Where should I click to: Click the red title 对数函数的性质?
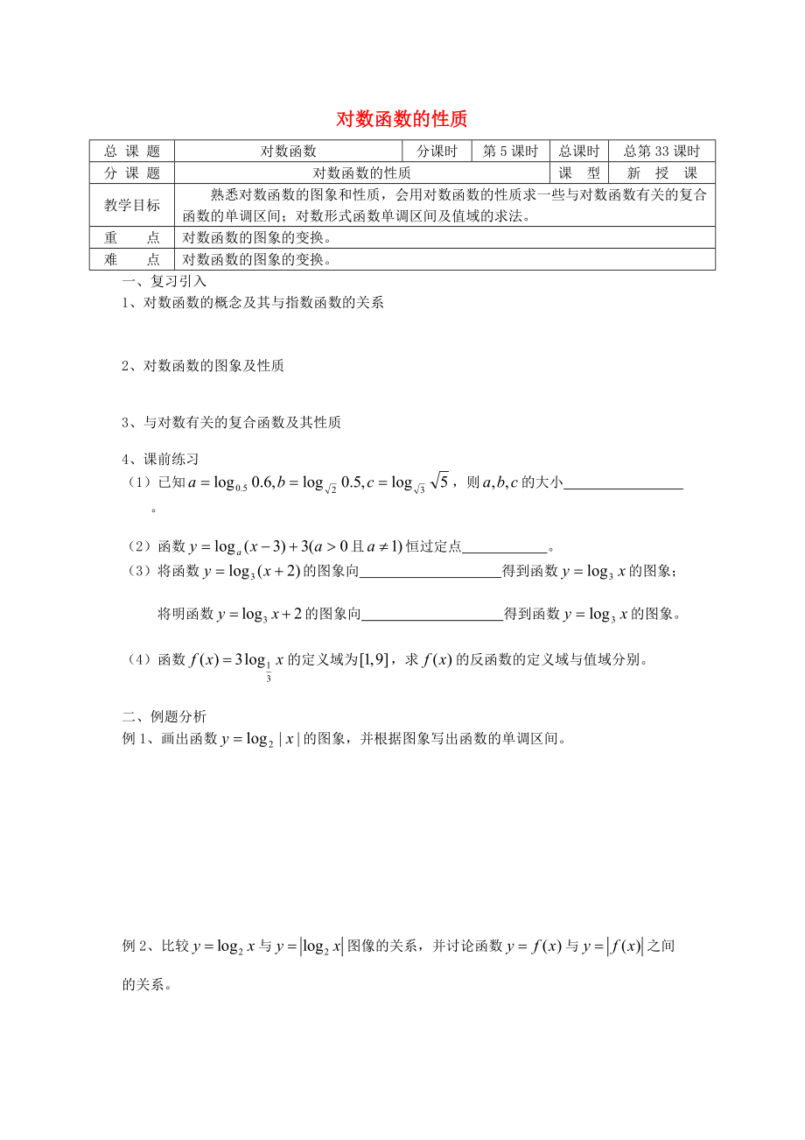[402, 119]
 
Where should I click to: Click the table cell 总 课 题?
[132, 151]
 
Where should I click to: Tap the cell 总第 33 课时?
[662, 151]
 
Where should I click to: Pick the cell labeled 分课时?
[437, 151]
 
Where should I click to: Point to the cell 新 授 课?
[662, 173]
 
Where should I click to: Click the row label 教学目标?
[132, 206]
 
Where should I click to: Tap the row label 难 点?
[132, 259]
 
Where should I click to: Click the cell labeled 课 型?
[579, 173]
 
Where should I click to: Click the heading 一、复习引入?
[164, 281]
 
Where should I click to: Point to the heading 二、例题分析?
[164, 716]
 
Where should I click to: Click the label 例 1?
[136, 738]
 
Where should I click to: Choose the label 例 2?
[136, 946]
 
